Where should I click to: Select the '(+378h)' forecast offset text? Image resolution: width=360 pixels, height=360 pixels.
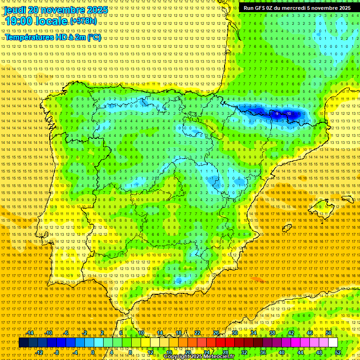click(84, 21)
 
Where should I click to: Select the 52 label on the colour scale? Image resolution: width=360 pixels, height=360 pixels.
click(338, 352)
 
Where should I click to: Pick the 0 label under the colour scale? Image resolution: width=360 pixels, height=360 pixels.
click(93, 352)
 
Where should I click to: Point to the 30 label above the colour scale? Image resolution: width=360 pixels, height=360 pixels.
click(234, 333)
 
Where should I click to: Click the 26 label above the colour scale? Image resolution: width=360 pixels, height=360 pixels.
click(216, 333)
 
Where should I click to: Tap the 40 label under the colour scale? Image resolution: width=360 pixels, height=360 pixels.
click(281, 352)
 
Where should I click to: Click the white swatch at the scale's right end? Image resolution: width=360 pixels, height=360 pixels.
click(333, 343)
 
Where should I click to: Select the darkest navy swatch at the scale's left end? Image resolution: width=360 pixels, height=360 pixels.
click(23, 343)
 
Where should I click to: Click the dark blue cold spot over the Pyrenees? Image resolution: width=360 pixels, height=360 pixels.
click(281, 113)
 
